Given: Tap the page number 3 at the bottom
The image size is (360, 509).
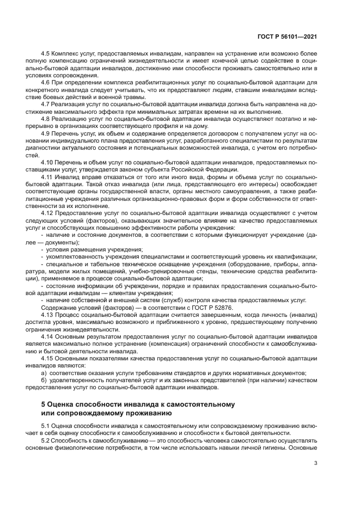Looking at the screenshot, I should tap(315, 463).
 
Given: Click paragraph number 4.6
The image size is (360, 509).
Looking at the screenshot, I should tap(46, 82).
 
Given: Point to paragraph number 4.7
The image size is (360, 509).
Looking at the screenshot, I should tap(46, 102).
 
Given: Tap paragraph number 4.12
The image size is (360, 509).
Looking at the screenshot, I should tap(47, 212).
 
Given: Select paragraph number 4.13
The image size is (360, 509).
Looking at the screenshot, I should tap(47, 315).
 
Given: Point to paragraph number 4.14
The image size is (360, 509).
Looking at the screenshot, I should tap(47, 336).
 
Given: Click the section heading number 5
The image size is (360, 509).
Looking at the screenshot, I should tap(44, 404).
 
